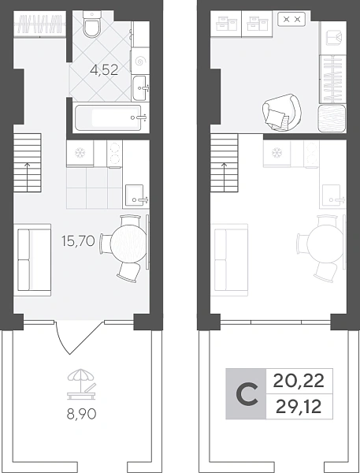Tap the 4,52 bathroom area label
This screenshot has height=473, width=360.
coord(104,70)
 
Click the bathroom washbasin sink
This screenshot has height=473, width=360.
coord(140,88)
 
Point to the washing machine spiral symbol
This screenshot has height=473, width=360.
coord(140,61)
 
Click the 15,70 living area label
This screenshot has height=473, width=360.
coord(78,241)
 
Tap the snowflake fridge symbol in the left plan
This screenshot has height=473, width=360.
coord(80,153)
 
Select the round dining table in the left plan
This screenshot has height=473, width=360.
coord(128,243)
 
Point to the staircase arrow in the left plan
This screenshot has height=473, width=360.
coord(28,177)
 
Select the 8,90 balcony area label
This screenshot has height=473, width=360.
coord(81,414)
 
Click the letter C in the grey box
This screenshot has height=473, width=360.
coord(247,393)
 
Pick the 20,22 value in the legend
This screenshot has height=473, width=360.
coord(299,381)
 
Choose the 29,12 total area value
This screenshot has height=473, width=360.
coord(299,407)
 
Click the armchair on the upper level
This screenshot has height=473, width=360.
coord(281,112)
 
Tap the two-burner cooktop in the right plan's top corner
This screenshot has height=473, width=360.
coord(291,19)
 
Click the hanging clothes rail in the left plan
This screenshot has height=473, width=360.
coord(40,24)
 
